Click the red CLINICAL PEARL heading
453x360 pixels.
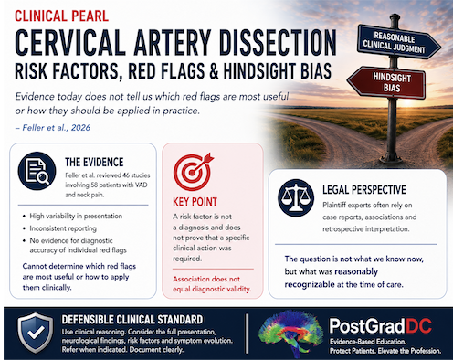62,16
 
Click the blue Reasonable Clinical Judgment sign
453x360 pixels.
398,42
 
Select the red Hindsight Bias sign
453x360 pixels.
386,82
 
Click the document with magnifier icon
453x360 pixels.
37,171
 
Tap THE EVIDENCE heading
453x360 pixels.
94,163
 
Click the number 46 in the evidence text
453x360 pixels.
126,175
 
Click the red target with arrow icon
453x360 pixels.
193,172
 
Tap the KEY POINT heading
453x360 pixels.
195,202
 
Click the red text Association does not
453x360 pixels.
206,279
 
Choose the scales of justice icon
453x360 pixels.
296,198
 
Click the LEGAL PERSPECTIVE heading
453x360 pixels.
364,190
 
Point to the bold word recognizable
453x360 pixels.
310,284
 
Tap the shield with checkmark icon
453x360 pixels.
35,333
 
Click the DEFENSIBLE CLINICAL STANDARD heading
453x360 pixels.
132,320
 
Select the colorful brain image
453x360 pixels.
290,334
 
